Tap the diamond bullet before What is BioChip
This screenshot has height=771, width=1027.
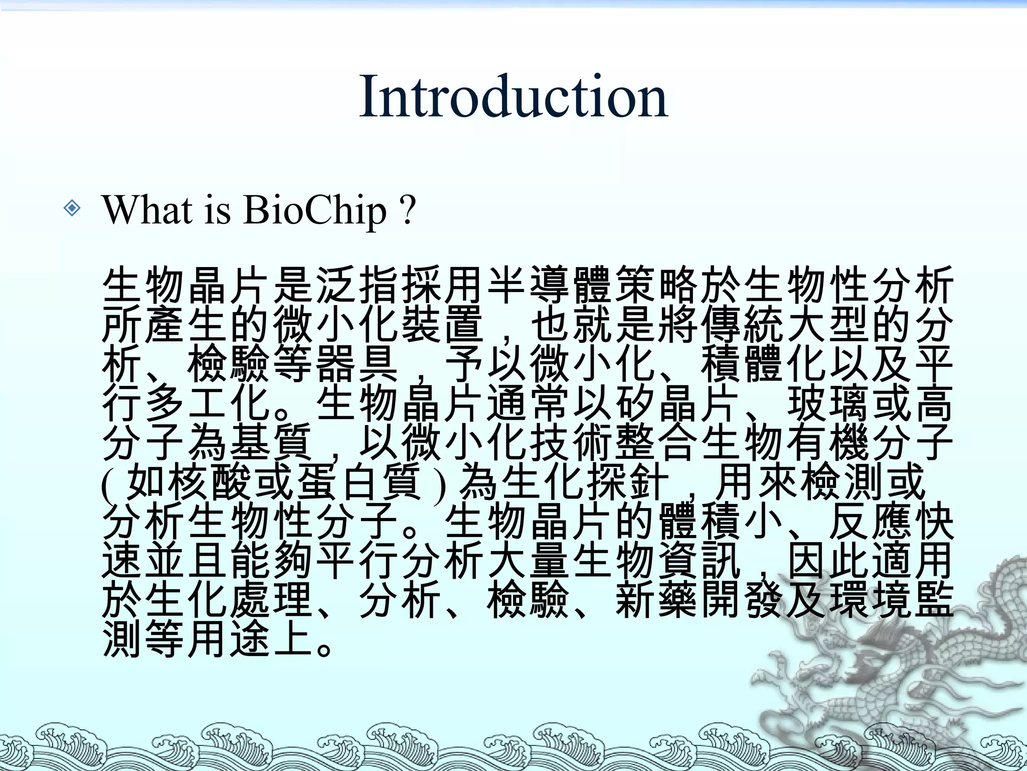tap(72, 208)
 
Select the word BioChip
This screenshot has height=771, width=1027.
tap(315, 210)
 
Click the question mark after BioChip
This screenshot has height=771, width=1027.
tap(409, 210)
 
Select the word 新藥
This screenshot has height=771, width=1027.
tap(656, 599)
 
